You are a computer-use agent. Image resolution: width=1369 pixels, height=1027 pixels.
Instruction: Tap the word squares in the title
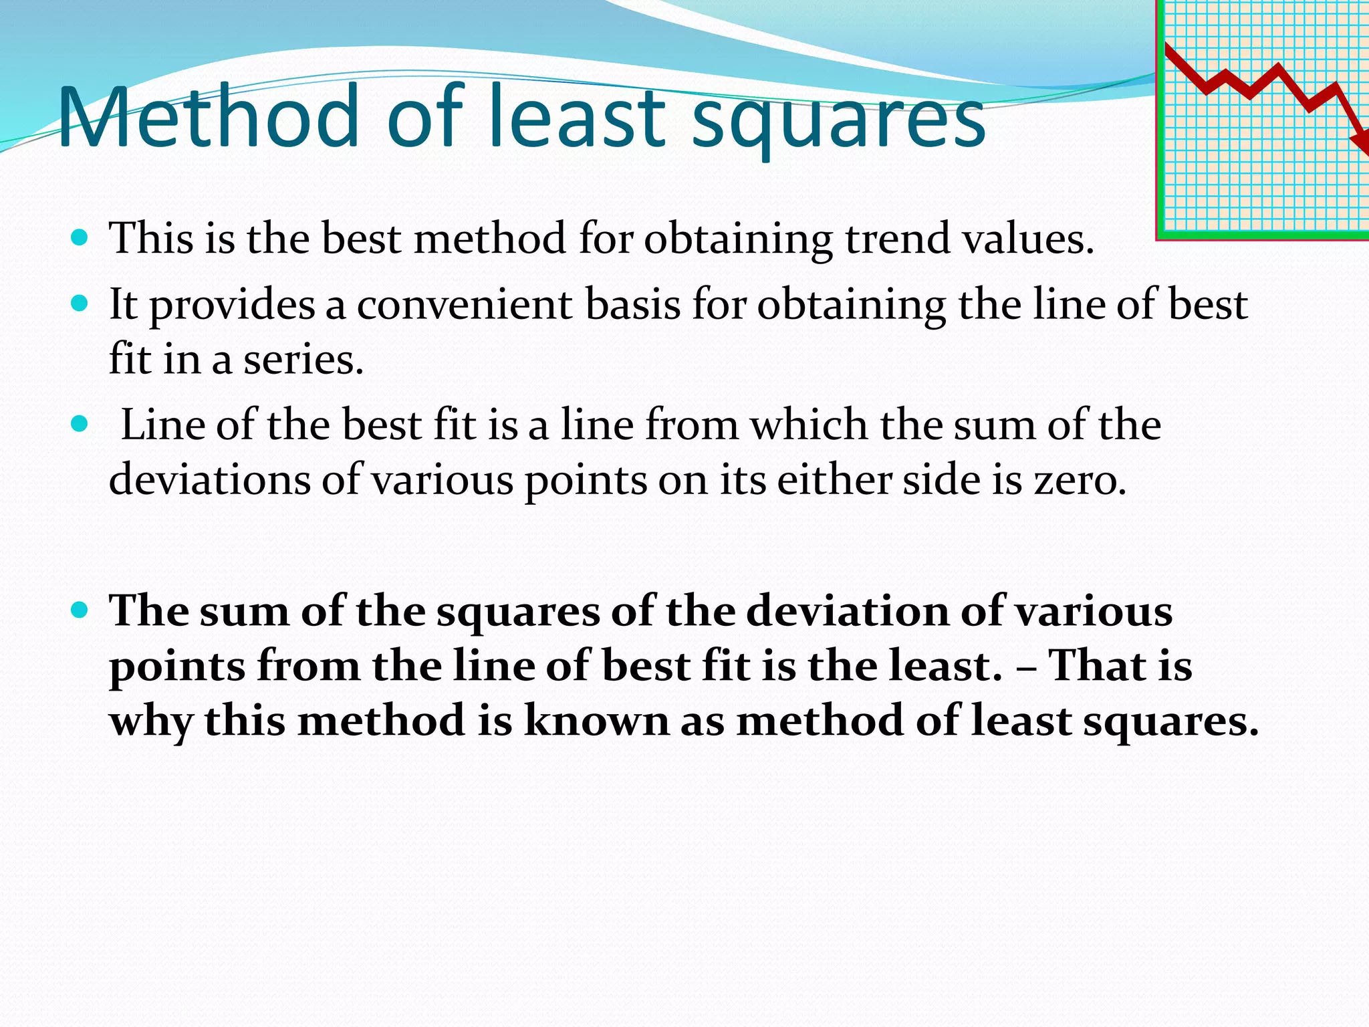(838, 120)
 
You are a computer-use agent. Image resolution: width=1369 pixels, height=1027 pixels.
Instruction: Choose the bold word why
(151, 722)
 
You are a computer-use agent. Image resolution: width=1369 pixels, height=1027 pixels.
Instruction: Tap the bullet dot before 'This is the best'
(79, 237)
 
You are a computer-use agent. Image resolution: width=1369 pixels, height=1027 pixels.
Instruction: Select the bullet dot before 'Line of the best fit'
(79, 424)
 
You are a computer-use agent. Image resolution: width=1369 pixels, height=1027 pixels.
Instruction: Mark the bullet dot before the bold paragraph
(79, 610)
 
